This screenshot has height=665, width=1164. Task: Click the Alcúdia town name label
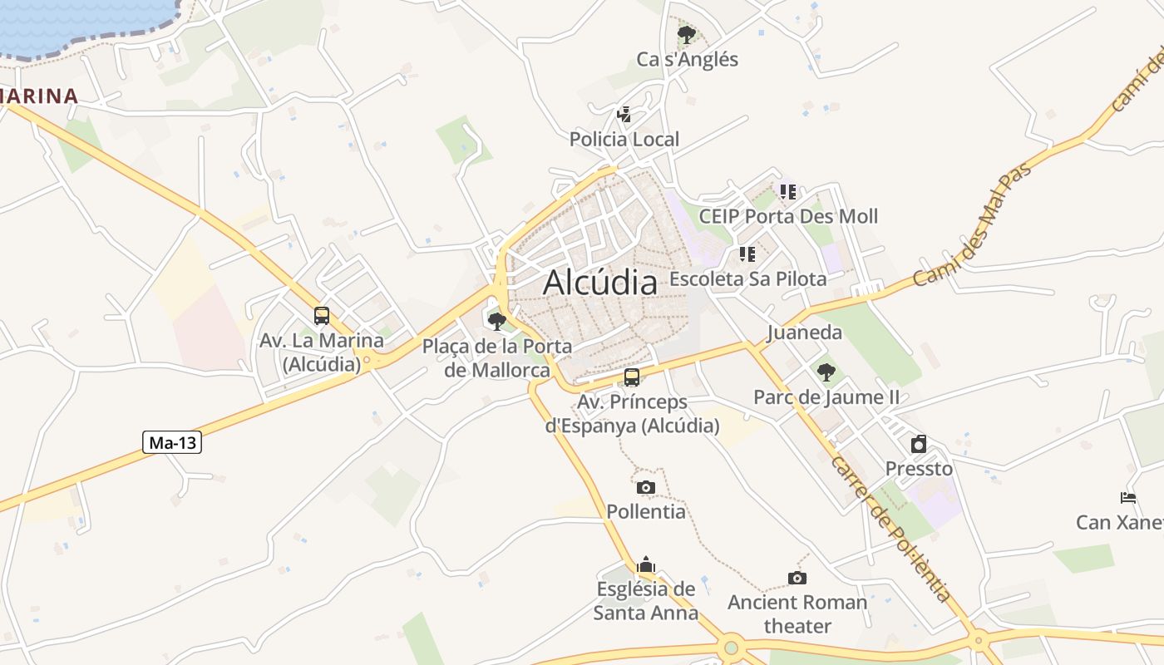[599, 283]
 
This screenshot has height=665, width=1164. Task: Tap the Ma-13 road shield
[173, 442]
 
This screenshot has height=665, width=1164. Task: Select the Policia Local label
[624, 139]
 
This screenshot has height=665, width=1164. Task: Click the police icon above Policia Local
[624, 115]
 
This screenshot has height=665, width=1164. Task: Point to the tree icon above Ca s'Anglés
[686, 35]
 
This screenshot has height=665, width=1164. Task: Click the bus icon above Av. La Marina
[322, 316]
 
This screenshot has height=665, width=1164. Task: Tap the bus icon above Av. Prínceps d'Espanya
[632, 377]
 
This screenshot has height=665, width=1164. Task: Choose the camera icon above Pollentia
[646, 487]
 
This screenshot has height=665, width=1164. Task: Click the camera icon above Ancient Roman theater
[797, 578]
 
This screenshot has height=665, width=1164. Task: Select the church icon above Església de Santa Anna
[646, 565]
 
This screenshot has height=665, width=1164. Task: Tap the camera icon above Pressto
[919, 444]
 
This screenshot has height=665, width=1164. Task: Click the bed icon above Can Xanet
[1128, 498]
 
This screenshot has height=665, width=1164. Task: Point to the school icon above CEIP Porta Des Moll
[788, 192]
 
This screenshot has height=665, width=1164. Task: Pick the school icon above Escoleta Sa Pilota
[747, 254]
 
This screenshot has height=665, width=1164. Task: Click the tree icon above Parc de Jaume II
[826, 372]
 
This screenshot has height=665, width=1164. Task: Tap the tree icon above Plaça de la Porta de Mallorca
[497, 321]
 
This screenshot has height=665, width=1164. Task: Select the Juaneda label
[804, 332]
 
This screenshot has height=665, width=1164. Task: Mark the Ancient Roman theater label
[797, 613]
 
